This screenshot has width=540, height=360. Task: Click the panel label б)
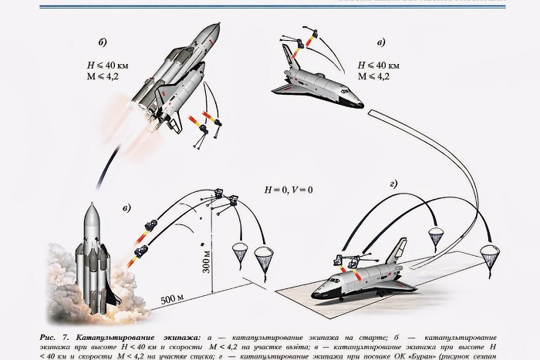(103, 41)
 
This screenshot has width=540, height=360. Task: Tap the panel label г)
(393, 183)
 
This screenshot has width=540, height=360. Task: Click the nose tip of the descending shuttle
(360, 101)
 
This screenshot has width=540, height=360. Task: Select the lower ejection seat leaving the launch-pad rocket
(140, 251)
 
